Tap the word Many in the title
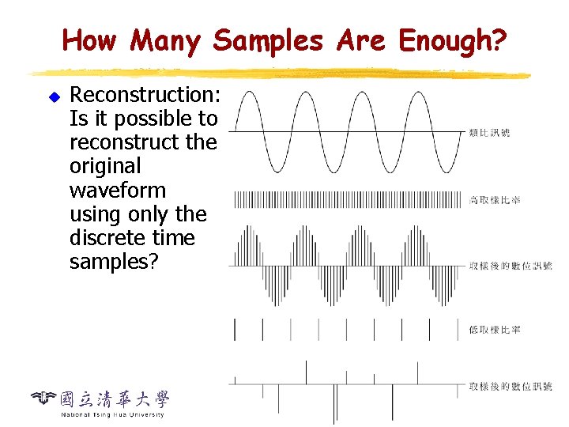point(166,40)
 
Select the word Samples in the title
point(267,40)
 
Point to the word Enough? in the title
point(453,40)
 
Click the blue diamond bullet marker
point(55,96)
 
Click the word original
point(105,166)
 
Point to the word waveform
point(118,191)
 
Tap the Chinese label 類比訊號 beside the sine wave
point(489,132)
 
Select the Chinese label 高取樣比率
point(494,199)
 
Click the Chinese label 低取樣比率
point(494,329)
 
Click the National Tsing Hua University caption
point(112,414)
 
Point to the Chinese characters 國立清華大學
point(115,399)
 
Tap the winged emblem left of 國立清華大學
point(43,397)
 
